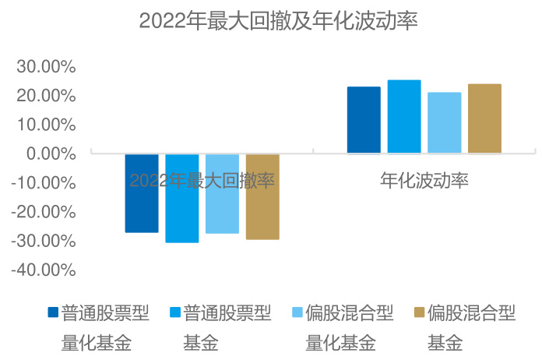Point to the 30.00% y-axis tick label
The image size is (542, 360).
[46, 67]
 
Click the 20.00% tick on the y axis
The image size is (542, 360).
[46, 96]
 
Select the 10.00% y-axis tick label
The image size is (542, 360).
[46, 125]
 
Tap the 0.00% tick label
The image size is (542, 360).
[50, 154]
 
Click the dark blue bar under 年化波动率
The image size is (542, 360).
[364, 120]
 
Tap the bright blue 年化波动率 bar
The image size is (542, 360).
[404, 117]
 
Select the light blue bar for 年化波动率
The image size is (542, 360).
[445, 123]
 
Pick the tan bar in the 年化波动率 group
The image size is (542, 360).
[484, 118]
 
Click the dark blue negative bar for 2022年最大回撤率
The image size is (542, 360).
[142, 193]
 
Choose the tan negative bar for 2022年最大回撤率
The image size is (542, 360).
[262, 196]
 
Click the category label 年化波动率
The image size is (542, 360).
[424, 181]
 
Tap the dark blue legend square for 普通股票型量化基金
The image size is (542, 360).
[53, 313]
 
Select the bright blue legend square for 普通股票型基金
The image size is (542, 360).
[175, 313]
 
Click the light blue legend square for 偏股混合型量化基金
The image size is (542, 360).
[297, 313]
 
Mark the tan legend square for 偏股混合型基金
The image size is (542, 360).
[419, 313]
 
